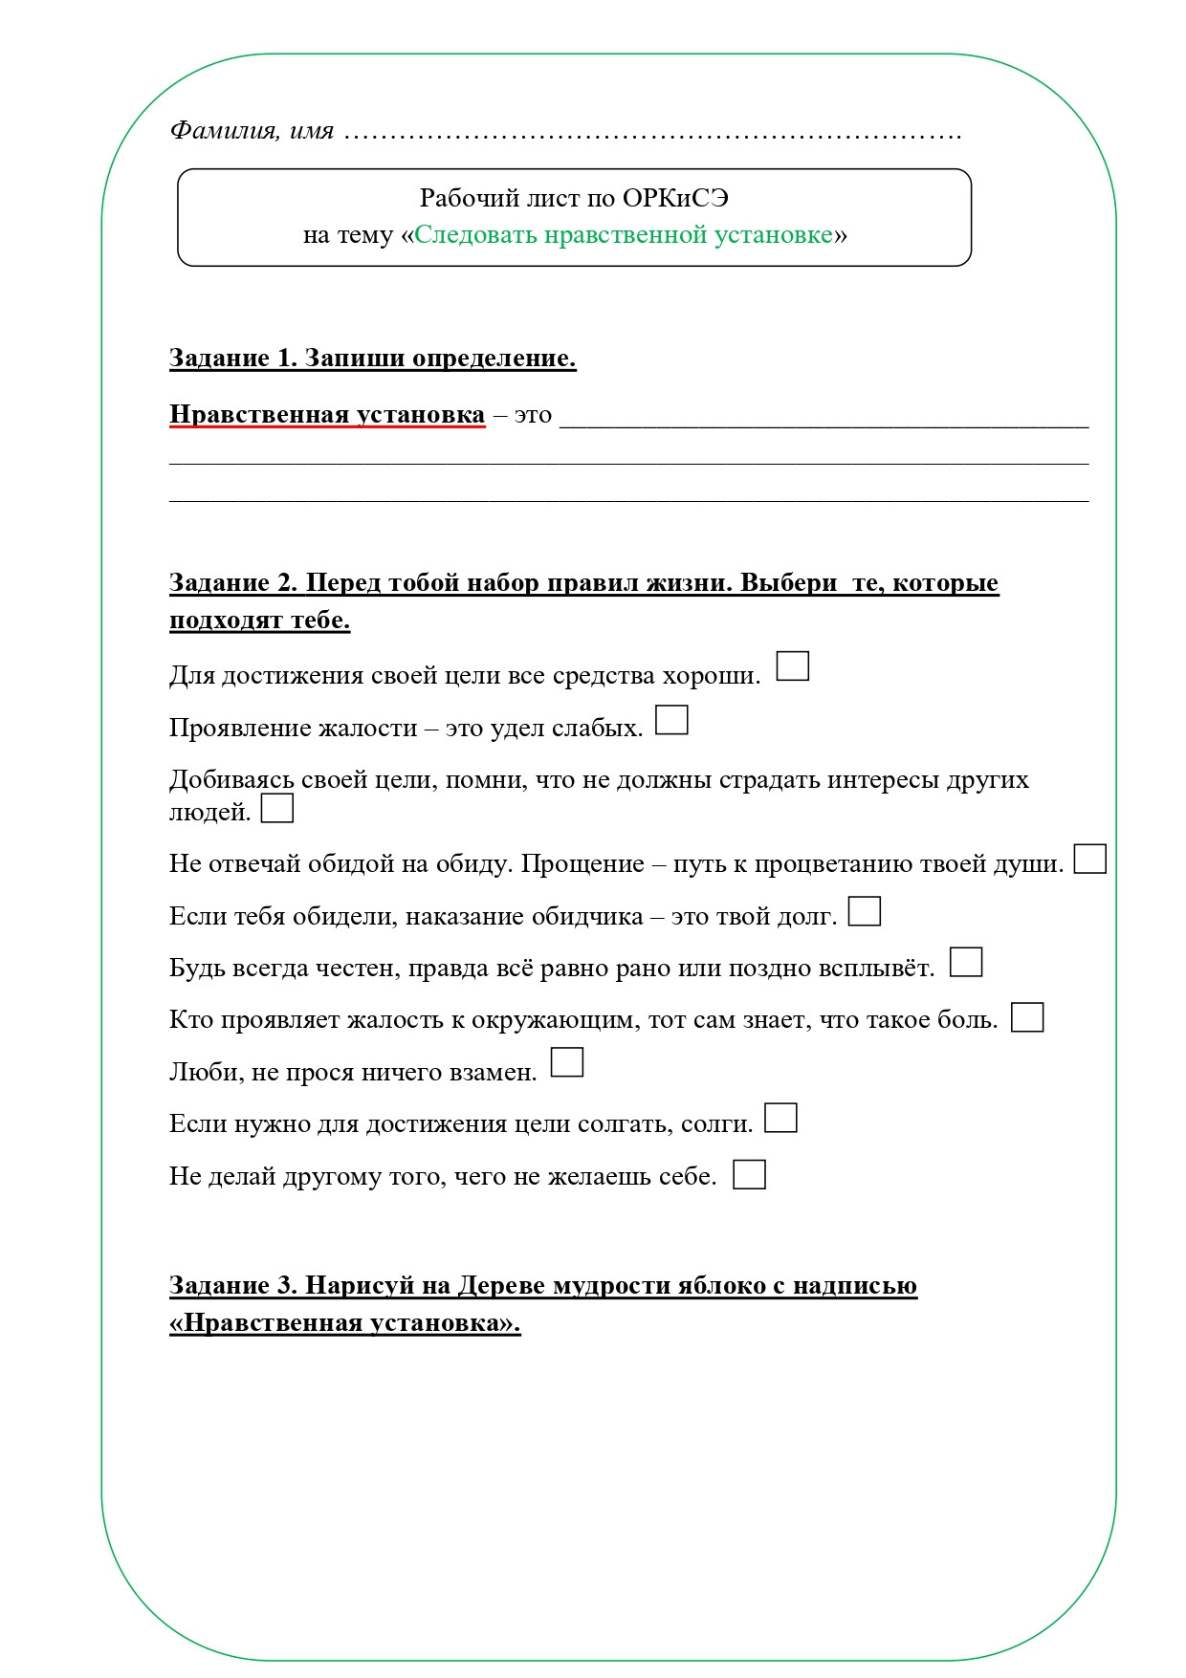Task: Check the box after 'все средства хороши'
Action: pyautogui.click(x=792, y=666)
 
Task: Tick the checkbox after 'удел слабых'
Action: pyautogui.click(x=671, y=720)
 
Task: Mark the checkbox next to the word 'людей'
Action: pyautogui.click(x=277, y=809)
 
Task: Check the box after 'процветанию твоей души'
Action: pyautogui.click(x=1089, y=859)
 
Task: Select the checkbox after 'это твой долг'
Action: pyautogui.click(x=865, y=911)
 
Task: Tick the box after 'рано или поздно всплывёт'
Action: pyautogui.click(x=966, y=962)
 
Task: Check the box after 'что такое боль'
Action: pyautogui.click(x=1027, y=1017)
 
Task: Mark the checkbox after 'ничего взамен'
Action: pyautogui.click(x=567, y=1062)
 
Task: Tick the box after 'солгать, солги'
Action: pyautogui.click(x=780, y=1118)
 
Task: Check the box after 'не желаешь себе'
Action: pyautogui.click(x=749, y=1174)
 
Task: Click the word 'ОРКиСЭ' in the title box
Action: pyautogui.click(x=675, y=198)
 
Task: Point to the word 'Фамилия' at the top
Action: pyautogui.click(x=222, y=130)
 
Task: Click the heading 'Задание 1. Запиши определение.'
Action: pyautogui.click(x=372, y=358)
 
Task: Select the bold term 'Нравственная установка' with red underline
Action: pyautogui.click(x=327, y=415)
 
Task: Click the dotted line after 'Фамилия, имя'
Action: pyautogui.click(x=650, y=134)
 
